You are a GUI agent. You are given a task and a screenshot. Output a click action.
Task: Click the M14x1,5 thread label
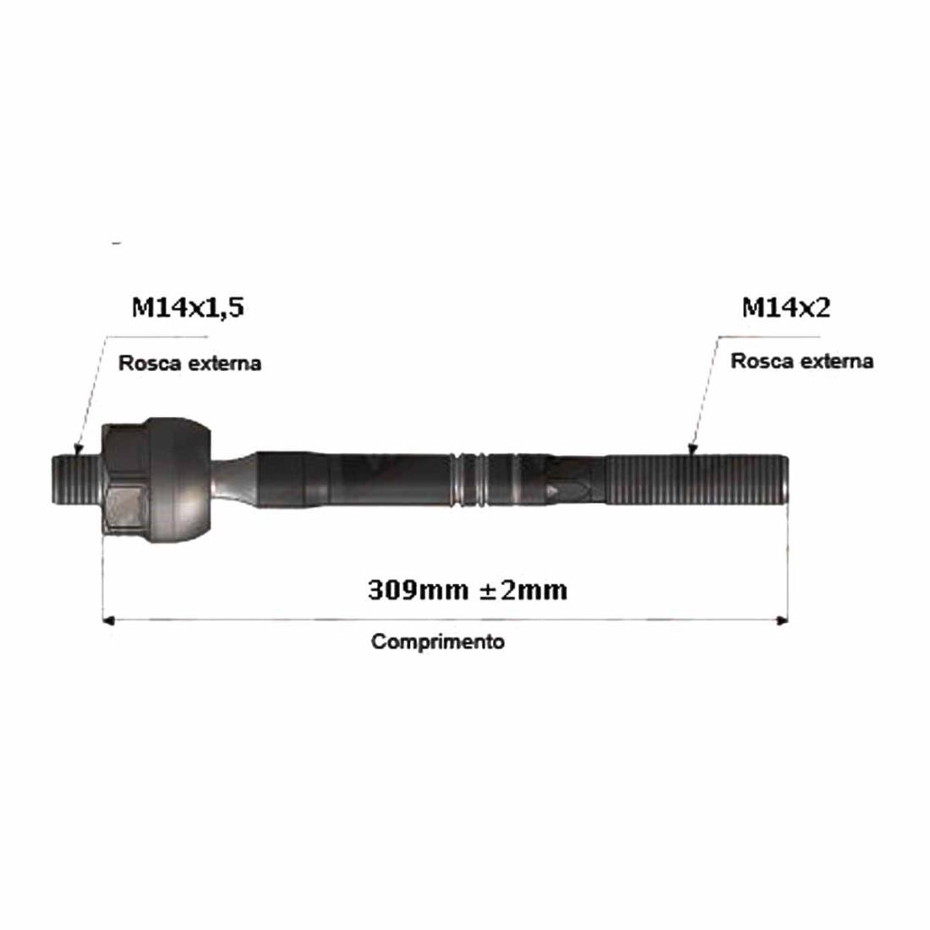point(188,308)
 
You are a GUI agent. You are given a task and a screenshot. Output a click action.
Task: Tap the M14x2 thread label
point(786,307)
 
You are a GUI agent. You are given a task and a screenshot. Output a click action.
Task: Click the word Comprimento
point(438,641)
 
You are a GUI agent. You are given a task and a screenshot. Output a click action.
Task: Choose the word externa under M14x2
point(838,361)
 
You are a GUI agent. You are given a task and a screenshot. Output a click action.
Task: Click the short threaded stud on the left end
point(77,480)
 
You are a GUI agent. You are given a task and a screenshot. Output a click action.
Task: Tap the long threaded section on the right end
point(697,480)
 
